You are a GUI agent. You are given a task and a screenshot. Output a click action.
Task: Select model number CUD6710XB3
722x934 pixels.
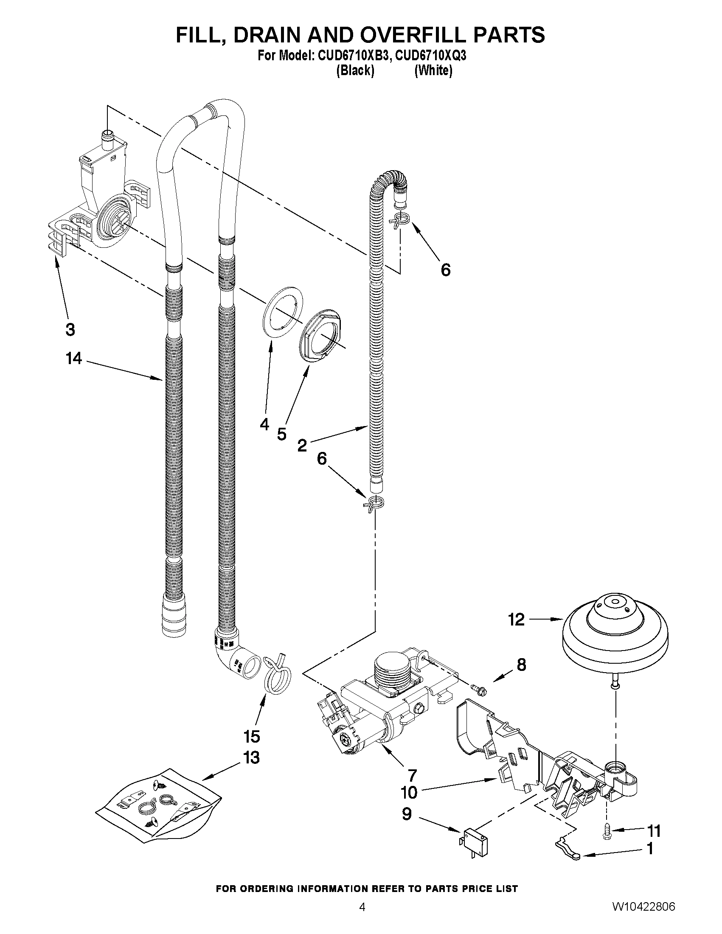click(353, 56)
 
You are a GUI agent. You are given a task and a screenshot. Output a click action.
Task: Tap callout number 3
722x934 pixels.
click(70, 330)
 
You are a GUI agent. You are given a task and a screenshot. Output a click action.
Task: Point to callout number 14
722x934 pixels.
click(73, 359)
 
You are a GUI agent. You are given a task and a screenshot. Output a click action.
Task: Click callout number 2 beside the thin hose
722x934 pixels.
click(302, 446)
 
